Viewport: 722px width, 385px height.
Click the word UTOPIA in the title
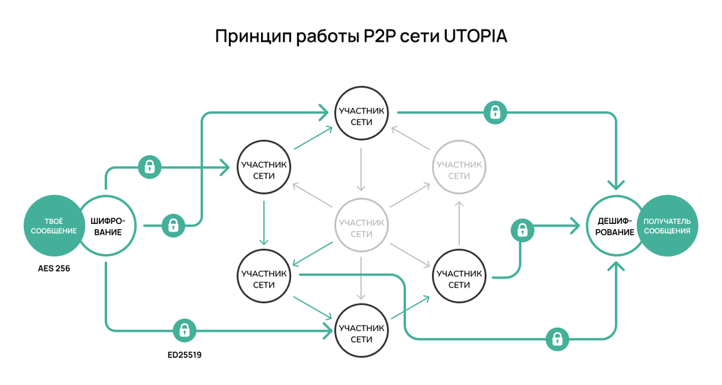[475, 36]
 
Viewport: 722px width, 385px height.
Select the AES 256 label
[54, 268]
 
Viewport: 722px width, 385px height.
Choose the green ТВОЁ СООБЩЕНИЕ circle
[51, 226]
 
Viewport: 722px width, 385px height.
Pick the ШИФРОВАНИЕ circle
[107, 226]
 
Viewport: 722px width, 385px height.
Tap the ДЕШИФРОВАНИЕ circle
[614, 226]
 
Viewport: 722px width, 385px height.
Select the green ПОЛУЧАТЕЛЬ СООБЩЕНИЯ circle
[667, 226]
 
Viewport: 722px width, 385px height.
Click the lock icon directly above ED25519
[184, 330]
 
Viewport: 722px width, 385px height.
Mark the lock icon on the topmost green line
[494, 113]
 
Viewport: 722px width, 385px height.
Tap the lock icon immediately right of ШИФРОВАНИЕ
[172, 225]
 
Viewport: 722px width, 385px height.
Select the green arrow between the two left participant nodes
[264, 222]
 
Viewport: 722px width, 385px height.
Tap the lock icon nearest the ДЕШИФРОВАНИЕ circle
[523, 230]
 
